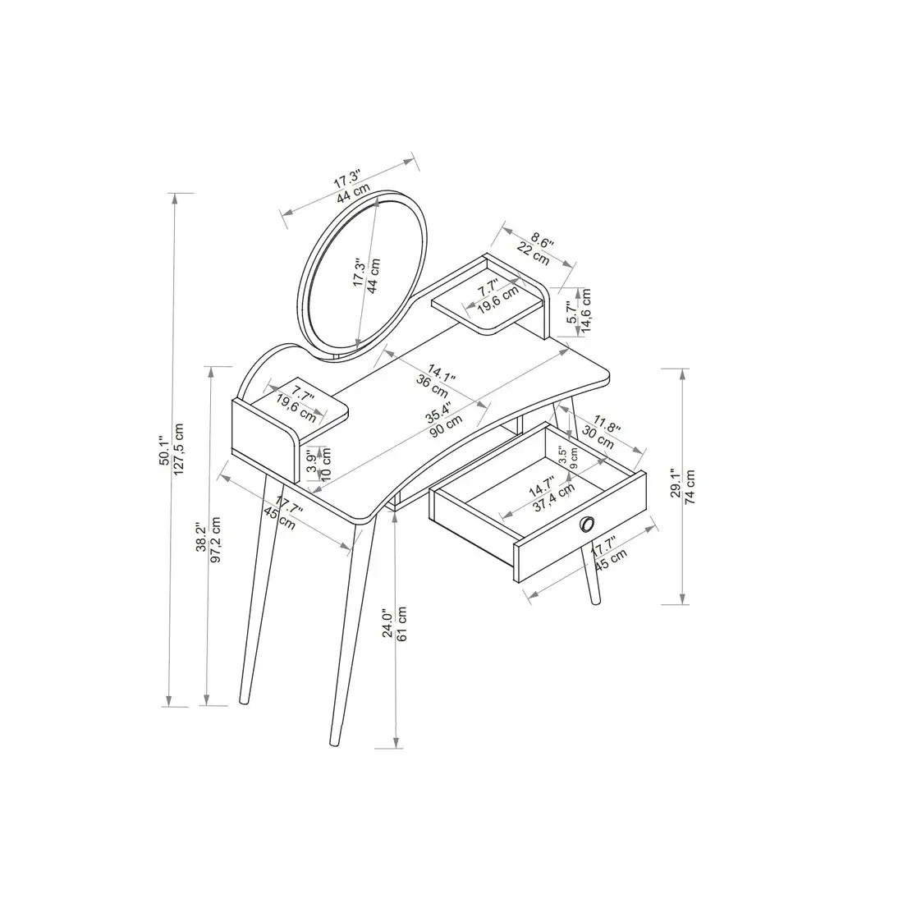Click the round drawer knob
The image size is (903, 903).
pos(588,525)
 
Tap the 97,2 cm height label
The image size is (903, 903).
pos(216,534)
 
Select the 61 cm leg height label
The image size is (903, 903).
pos(402,623)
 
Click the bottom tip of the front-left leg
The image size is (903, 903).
pos(333,744)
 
